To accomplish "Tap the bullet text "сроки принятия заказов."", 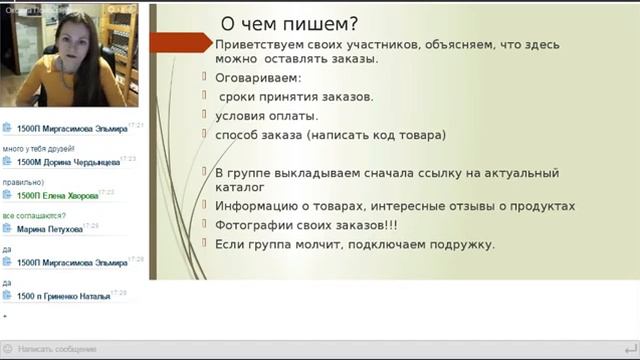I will [296, 96].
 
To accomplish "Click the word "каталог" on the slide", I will [240, 187].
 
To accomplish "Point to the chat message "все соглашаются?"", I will [34, 215].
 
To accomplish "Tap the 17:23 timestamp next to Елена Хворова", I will [106, 191].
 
